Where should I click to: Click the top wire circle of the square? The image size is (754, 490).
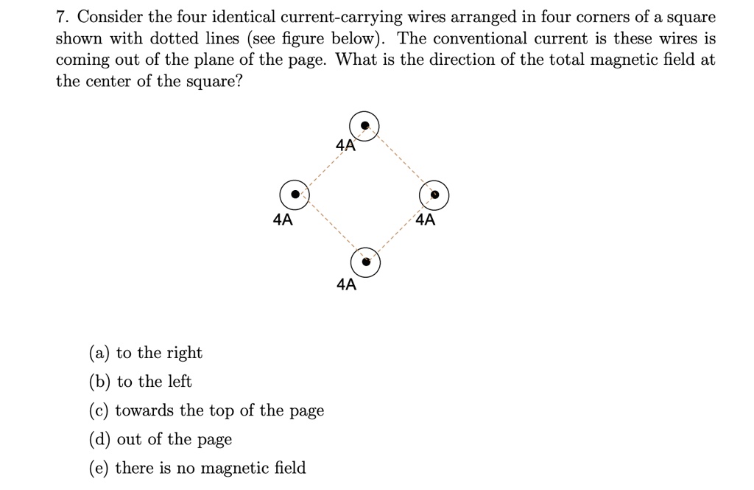point(364,112)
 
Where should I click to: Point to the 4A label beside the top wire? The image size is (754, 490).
point(346,145)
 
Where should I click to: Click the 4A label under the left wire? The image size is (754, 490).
point(283,220)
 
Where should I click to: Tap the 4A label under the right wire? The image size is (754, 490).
point(426,220)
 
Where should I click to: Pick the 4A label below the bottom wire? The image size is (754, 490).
point(347,284)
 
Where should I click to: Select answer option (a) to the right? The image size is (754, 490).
point(146,353)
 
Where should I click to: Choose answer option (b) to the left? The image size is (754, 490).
point(141,382)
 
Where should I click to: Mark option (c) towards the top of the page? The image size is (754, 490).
point(207,410)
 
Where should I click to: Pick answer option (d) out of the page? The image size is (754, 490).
point(161,439)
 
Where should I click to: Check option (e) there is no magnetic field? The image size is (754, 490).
point(197,468)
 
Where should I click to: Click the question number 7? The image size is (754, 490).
point(61,18)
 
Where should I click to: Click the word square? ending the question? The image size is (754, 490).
point(214,81)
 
